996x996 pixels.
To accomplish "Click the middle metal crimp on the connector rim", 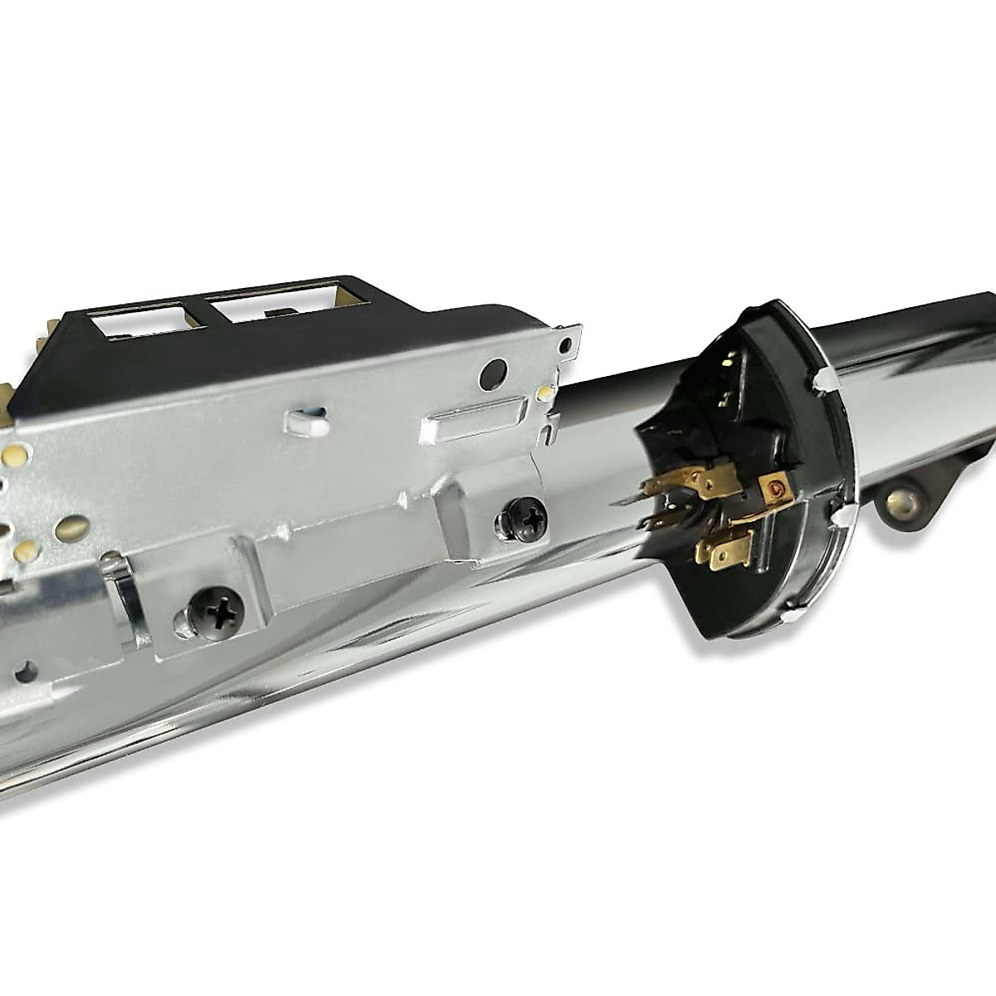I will tap(847, 517).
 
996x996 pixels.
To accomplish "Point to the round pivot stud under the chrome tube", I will tap(900, 503).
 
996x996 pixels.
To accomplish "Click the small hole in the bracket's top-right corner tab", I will tap(566, 344).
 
